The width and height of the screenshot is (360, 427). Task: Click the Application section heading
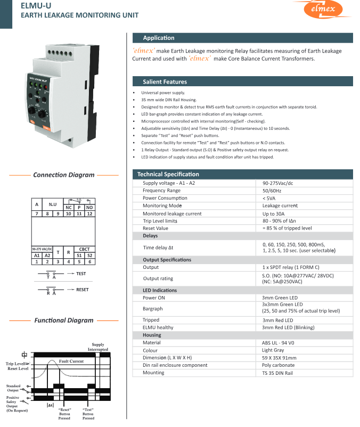pyautogui.click(x=158, y=38)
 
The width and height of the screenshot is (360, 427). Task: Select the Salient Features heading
pyautogui.click(x=165, y=82)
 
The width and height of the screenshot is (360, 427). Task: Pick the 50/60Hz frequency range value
pyautogui.click(x=273, y=191)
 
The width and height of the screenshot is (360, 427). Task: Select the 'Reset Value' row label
pyautogui.click(x=156, y=228)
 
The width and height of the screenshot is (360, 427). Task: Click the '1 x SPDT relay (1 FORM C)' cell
pyautogui.click(x=291, y=267)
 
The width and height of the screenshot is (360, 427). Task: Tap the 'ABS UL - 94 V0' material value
pyautogui.click(x=281, y=343)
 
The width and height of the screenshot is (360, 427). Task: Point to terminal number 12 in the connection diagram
pyautogui.click(x=89, y=213)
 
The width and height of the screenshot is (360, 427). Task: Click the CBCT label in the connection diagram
pyautogui.click(x=84, y=249)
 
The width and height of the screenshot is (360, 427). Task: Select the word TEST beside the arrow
pyautogui.click(x=81, y=274)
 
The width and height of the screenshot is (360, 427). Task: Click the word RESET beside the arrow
pyautogui.click(x=82, y=290)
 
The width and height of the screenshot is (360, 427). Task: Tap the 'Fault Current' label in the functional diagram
pyautogui.click(x=71, y=361)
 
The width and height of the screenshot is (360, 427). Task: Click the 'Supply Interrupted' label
pyautogui.click(x=98, y=347)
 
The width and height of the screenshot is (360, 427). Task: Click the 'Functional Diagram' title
pyautogui.click(x=64, y=321)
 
